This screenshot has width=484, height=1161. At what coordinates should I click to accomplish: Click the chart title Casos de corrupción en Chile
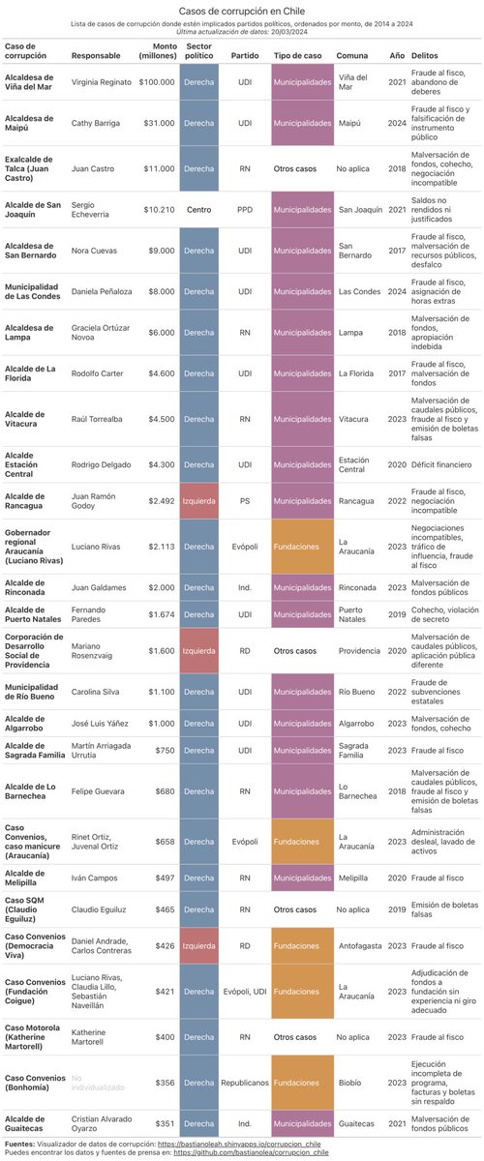click(x=242, y=9)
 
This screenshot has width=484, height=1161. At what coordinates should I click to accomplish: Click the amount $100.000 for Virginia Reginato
click(x=156, y=82)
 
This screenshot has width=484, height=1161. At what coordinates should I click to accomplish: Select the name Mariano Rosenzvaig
click(x=99, y=651)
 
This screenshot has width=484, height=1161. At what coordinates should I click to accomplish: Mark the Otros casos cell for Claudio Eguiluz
click(x=296, y=909)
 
